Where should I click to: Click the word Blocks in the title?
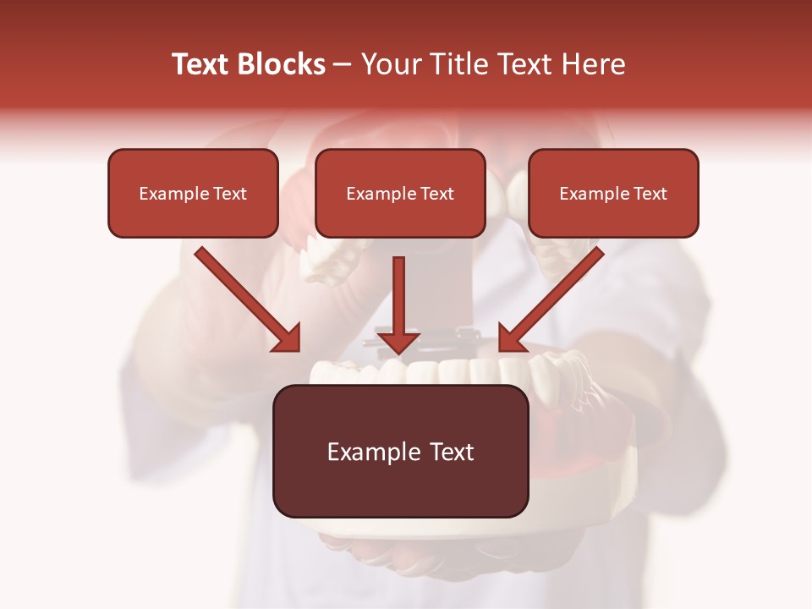282,64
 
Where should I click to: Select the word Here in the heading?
592,64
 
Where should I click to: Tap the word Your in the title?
390,64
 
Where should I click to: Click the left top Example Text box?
193,193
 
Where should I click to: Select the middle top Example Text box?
400,193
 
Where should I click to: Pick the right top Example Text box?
613,193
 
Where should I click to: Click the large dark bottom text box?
400,451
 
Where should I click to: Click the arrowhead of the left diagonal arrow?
288,339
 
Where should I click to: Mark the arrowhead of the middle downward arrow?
398,342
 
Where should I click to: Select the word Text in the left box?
229,194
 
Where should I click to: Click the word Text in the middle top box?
436,194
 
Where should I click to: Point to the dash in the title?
343,65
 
